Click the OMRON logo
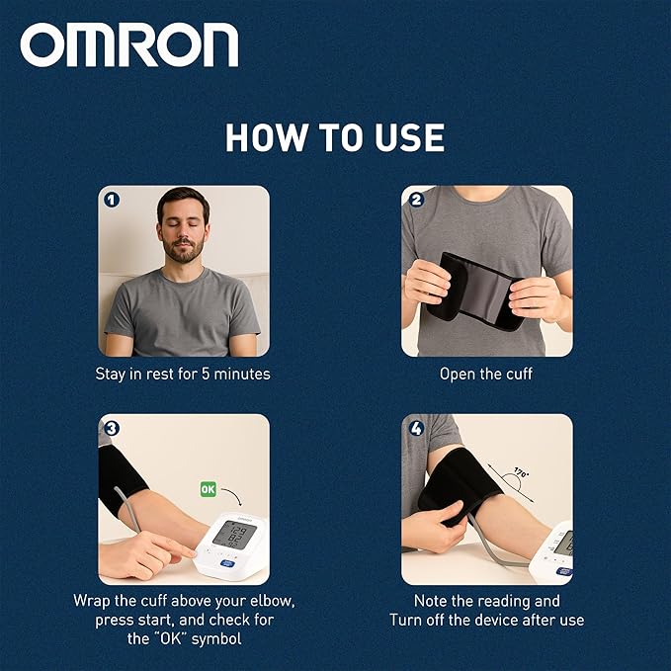point(129,45)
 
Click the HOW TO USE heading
point(335,137)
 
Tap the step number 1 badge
point(112,199)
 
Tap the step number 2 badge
point(416,199)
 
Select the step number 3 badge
point(112,428)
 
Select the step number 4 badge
point(416,428)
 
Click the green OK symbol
point(209,488)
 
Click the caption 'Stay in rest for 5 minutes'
point(183,375)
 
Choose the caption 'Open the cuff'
point(486,375)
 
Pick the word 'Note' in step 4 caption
point(432,600)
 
